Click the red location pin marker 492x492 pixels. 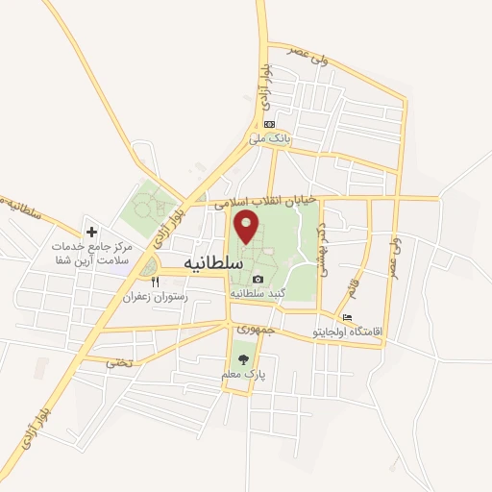248,227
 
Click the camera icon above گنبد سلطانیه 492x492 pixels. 256,279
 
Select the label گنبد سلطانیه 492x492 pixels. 257,293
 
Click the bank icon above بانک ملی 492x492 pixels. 270,124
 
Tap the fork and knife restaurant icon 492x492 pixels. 155,283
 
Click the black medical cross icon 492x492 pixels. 91,232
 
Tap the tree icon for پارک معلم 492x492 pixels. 241,359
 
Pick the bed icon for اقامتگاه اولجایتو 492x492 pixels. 347,318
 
